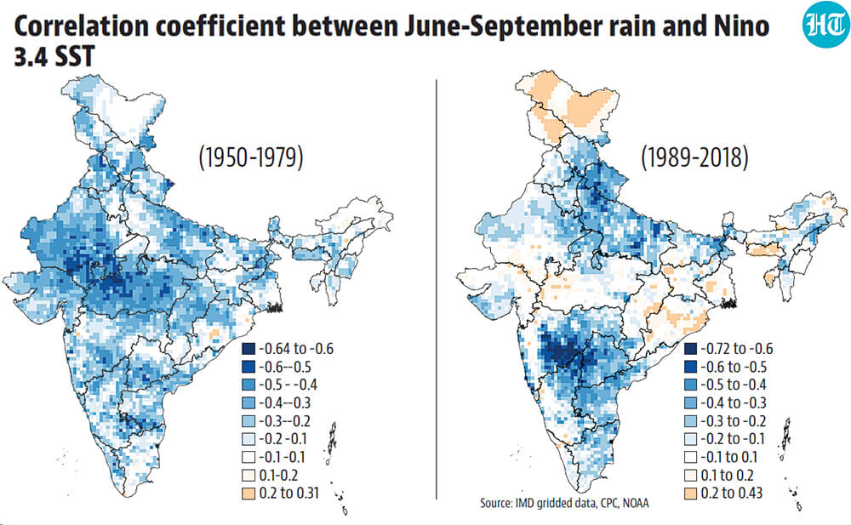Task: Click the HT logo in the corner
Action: [x=825, y=25]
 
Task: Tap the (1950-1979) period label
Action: [x=251, y=158]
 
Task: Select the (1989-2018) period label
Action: [x=694, y=157]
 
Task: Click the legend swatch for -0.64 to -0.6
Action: [x=248, y=349]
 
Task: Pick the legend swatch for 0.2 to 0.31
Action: [x=248, y=494]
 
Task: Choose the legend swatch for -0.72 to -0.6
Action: [x=690, y=349]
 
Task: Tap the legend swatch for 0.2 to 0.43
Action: [x=690, y=494]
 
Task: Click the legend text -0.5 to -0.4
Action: [x=734, y=385]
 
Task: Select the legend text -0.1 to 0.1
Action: [x=729, y=457]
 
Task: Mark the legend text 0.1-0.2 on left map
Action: [x=278, y=475]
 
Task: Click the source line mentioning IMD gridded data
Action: [x=564, y=503]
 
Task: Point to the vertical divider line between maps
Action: [x=437, y=288]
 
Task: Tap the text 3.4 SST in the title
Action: [x=54, y=56]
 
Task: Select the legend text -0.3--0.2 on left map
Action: [x=284, y=420]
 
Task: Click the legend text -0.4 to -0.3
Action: [x=734, y=402]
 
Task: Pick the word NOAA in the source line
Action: [x=635, y=503]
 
